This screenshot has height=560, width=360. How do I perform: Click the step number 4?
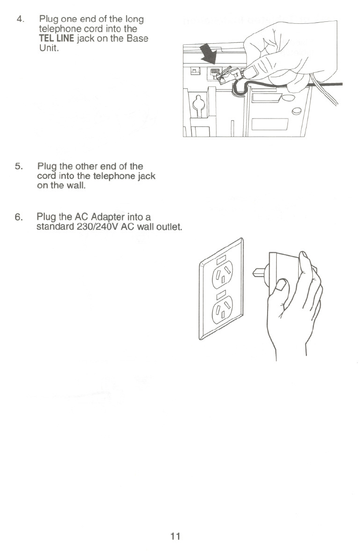19,19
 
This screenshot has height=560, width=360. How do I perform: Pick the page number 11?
176,537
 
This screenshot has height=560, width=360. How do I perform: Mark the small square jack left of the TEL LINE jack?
194,71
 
